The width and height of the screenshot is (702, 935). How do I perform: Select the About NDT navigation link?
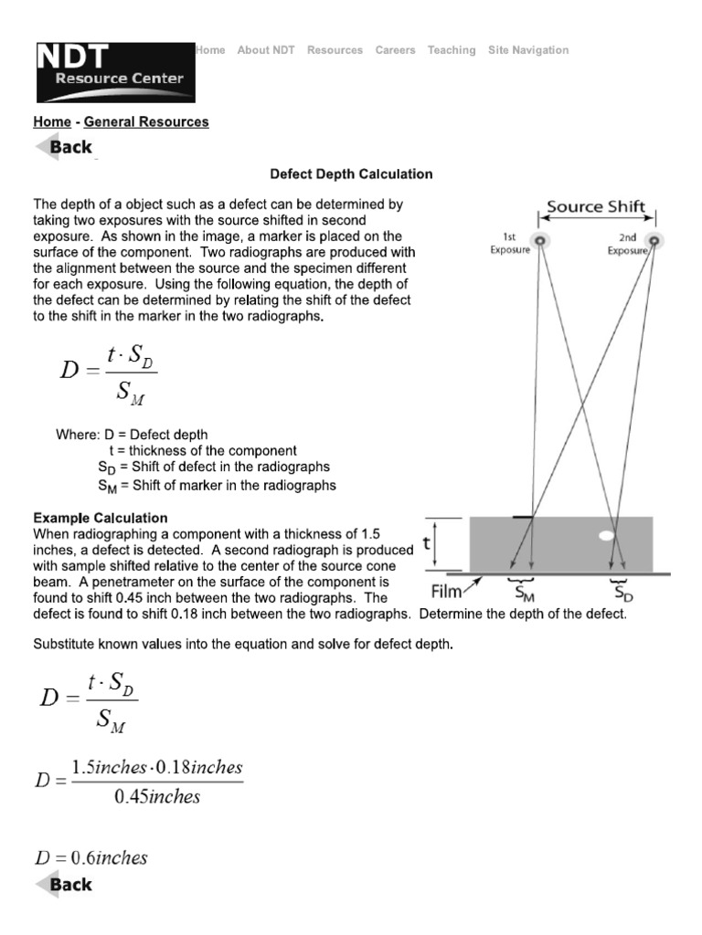266,50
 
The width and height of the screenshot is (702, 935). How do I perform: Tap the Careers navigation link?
395,50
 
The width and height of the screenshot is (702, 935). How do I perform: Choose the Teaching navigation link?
452,50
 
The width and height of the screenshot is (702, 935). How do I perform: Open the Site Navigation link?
528,50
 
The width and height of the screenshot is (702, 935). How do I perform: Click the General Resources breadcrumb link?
146,121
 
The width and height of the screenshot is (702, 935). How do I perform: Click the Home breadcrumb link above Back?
52,121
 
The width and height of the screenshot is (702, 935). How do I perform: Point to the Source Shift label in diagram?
595,206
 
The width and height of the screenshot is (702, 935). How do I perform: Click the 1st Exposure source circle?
540,240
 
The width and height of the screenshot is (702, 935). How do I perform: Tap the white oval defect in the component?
605,536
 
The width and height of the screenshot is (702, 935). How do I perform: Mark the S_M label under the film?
525,594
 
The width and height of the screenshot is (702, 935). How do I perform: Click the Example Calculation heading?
101,518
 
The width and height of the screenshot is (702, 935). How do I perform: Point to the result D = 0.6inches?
91,857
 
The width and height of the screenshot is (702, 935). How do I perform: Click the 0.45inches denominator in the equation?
156,796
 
